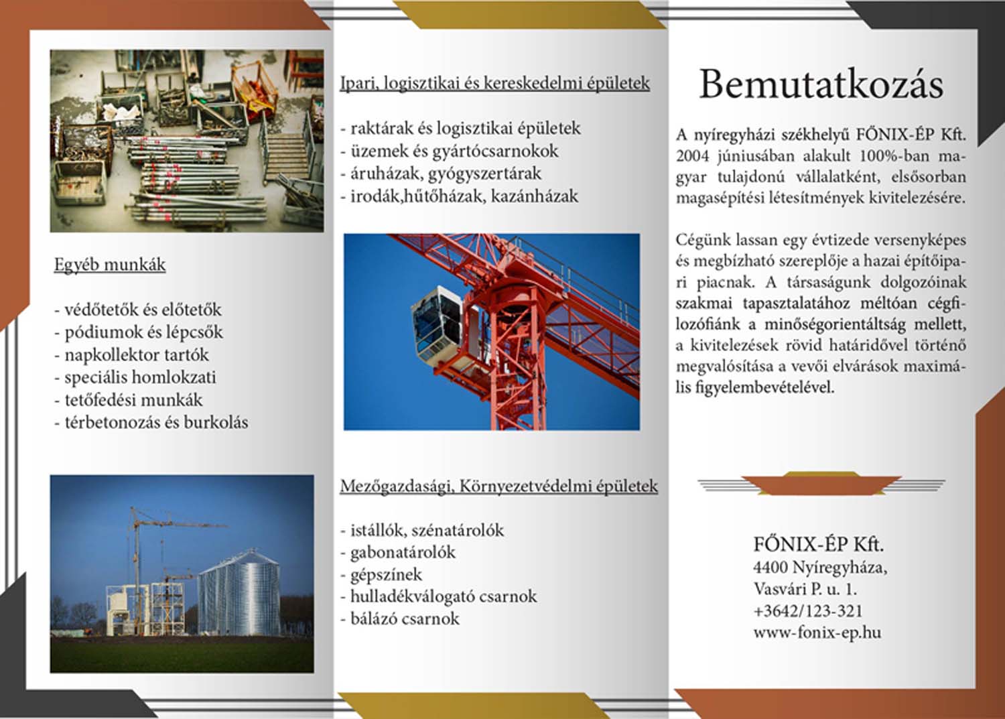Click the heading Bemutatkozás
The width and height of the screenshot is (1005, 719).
821,84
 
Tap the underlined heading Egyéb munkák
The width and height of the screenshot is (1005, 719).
110,265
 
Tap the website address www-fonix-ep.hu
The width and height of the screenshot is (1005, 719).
817,633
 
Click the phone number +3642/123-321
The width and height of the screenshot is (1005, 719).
807,611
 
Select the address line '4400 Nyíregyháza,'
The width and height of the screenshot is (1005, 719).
820,568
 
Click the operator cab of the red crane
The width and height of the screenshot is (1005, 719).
439,321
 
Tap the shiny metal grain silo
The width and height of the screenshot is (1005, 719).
239,593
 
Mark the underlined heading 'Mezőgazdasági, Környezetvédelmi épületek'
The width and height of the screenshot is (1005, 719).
498,486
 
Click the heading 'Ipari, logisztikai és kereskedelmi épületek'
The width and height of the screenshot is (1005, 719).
494,83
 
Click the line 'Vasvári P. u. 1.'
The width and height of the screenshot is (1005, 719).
805,590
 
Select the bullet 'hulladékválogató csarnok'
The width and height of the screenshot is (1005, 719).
443,596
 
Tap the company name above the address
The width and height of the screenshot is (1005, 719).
818,543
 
